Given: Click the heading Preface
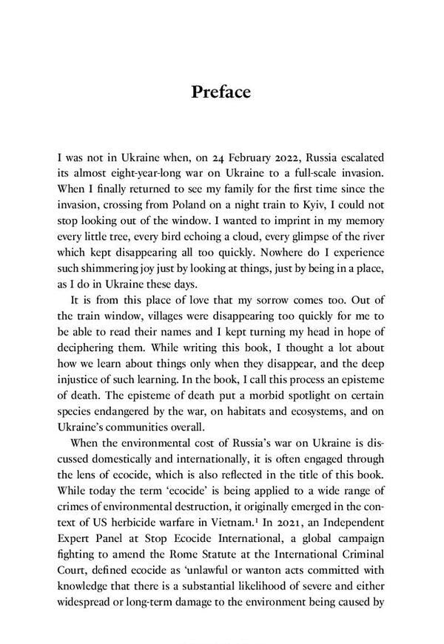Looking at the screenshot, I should click(x=221, y=92).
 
